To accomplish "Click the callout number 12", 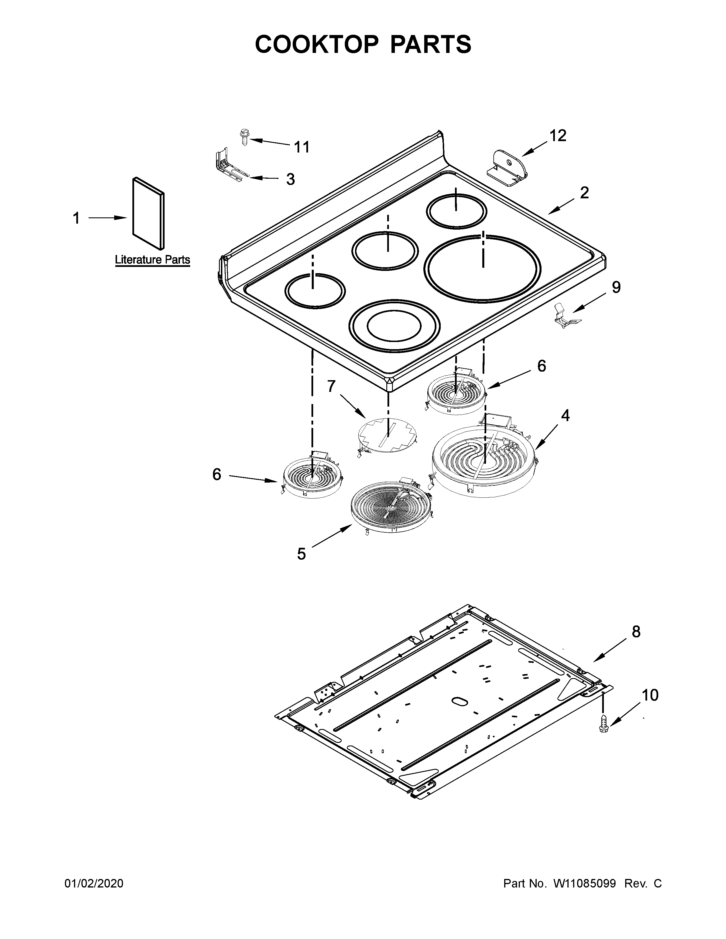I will (557, 136).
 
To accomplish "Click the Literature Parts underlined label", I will (152, 260).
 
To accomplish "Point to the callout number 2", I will (584, 193).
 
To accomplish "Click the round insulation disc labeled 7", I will (387, 436).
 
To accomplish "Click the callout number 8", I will (636, 632).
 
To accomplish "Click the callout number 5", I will (301, 554).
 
